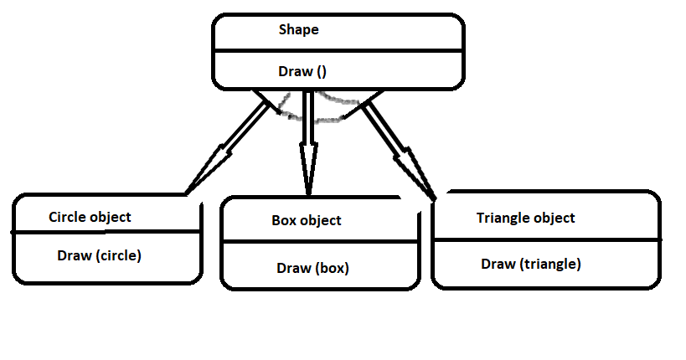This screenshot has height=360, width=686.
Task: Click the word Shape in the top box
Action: point(299,30)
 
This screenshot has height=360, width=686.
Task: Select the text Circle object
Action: point(90,217)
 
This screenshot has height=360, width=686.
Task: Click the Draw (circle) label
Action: point(99,255)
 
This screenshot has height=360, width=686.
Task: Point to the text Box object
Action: point(307,221)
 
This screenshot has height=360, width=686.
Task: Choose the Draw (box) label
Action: point(312,269)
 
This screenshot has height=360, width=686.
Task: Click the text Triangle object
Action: point(525,218)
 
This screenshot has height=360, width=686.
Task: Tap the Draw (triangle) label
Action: point(531,264)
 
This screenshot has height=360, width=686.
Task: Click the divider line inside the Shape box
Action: point(338,50)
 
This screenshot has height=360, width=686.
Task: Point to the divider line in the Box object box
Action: point(318,242)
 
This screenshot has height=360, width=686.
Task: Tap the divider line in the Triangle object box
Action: point(544,239)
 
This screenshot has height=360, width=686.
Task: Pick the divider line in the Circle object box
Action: point(106,231)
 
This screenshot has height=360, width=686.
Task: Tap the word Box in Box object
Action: point(283,221)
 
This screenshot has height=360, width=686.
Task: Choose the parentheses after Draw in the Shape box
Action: point(322,72)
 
